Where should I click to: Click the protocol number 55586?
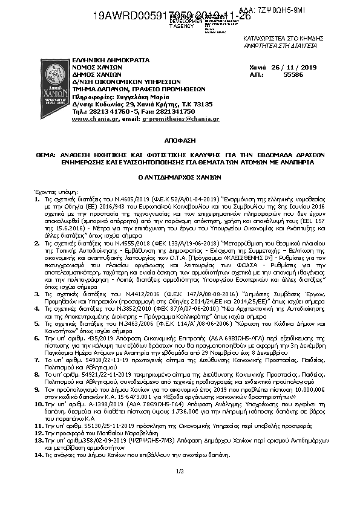click(293, 76)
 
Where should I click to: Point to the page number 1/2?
click(179, 470)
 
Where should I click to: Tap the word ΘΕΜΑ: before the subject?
click(44, 155)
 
